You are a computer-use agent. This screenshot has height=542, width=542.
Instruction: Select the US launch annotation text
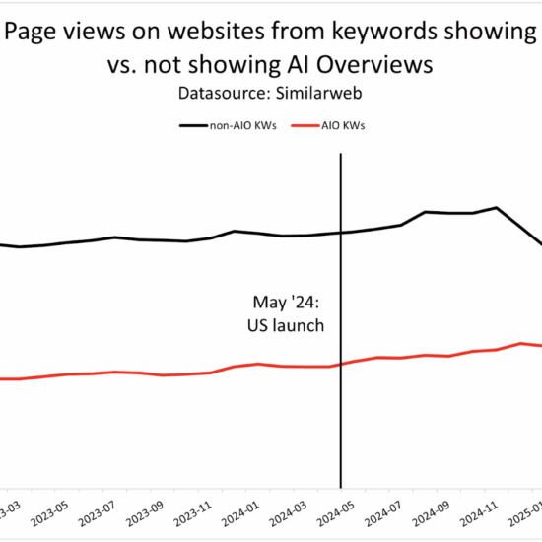click(287, 325)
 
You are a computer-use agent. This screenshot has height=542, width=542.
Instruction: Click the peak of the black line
click(497, 208)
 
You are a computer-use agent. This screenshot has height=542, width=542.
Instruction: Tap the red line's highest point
click(520, 343)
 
